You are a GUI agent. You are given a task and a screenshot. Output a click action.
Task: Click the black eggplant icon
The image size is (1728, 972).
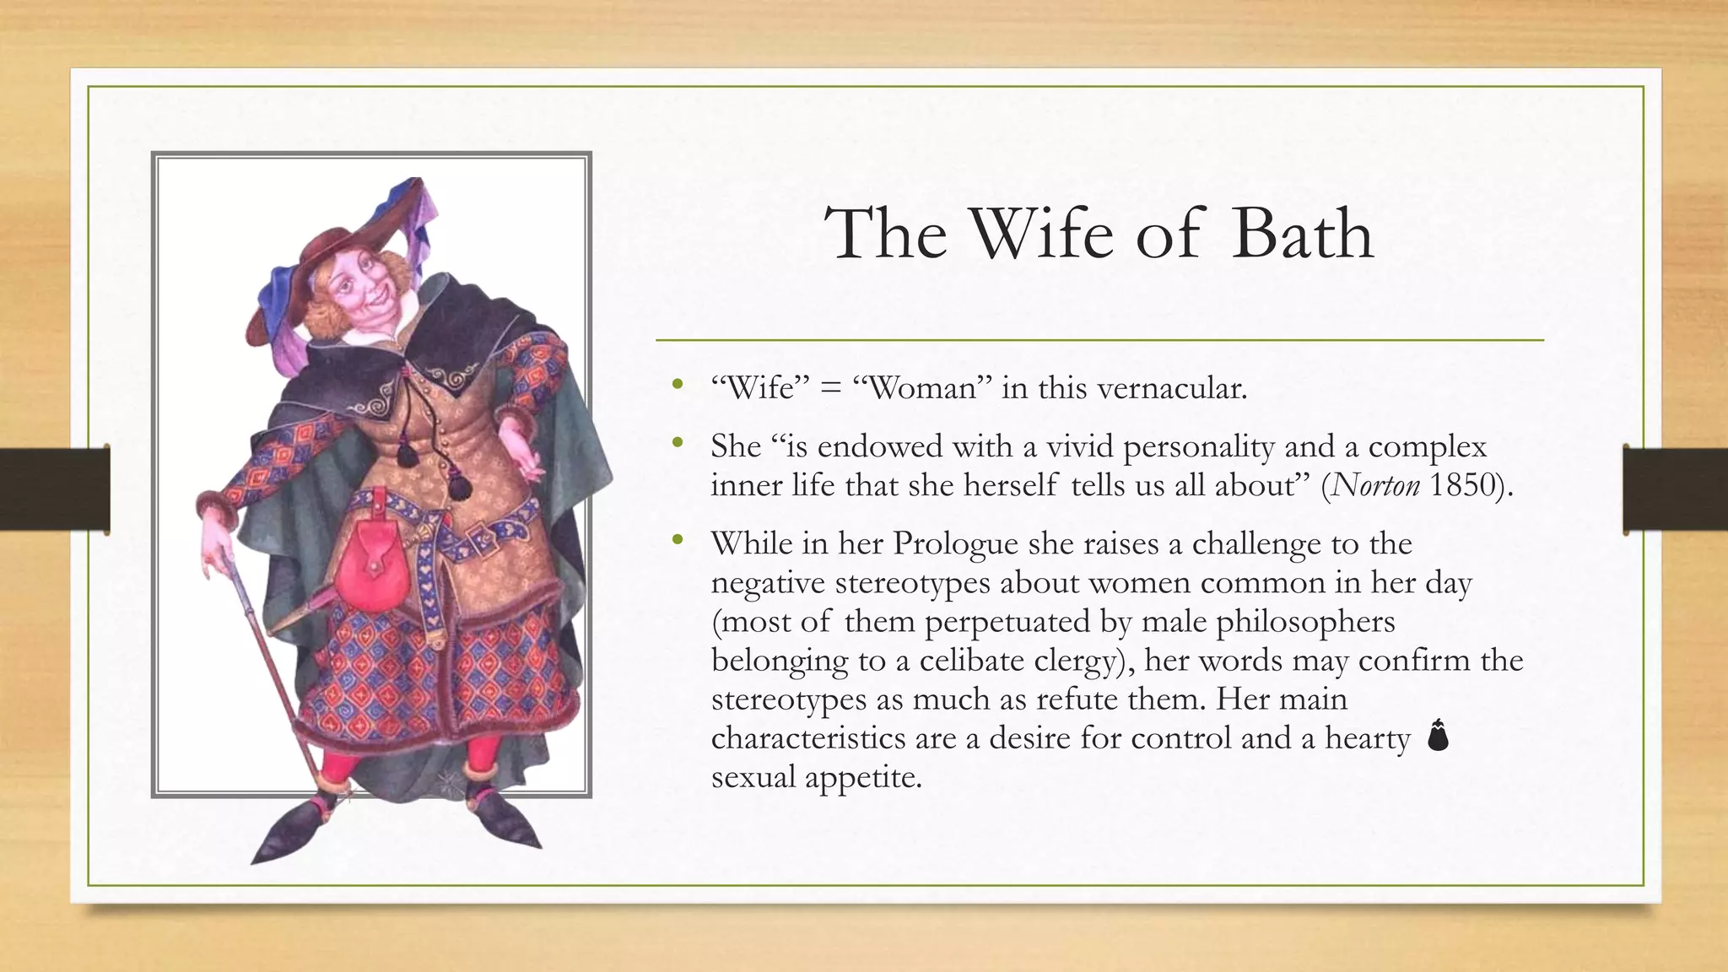point(1438,735)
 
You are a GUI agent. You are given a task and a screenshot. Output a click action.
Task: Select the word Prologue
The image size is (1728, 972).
point(955,543)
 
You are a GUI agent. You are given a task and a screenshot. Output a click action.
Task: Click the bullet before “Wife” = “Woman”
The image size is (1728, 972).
point(677,386)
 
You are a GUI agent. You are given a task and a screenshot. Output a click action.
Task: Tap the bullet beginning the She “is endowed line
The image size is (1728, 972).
point(677,442)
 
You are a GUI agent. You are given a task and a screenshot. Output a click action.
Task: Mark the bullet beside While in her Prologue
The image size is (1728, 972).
point(677,540)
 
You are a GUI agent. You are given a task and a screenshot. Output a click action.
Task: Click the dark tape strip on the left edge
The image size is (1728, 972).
point(55,489)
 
